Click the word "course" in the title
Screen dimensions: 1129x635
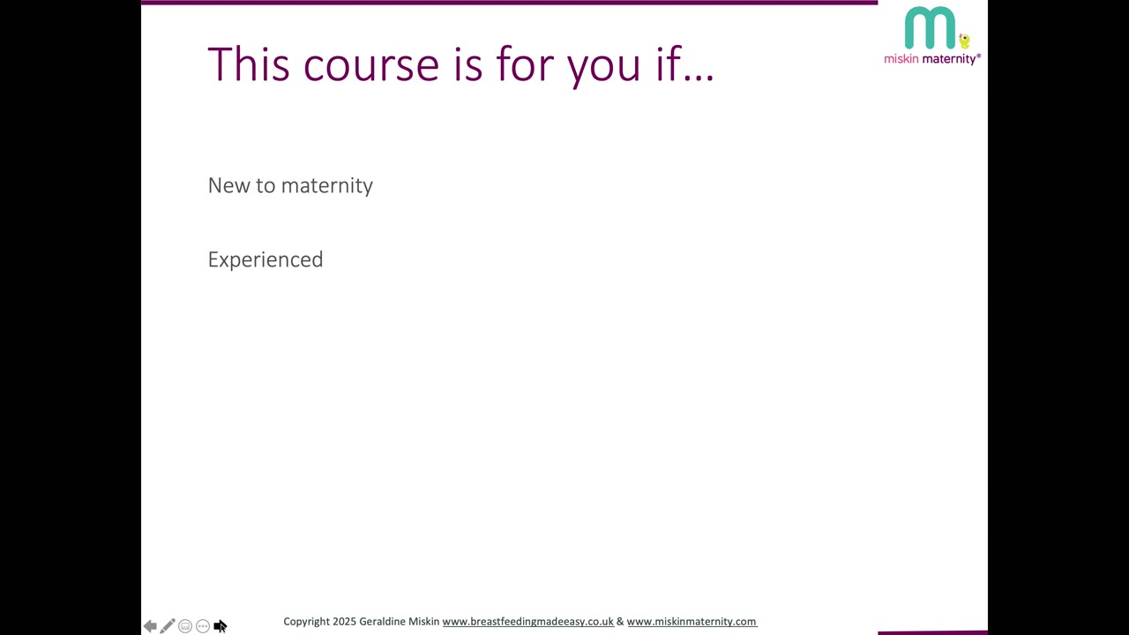371,65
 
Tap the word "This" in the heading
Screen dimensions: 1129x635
249,63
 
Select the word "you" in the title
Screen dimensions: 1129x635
604,70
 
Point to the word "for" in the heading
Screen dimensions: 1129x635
525,63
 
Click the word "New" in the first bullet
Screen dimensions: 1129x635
228,185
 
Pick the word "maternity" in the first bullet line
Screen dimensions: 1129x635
327,186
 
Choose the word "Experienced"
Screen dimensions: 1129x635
265,260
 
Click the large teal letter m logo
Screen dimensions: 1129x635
930,27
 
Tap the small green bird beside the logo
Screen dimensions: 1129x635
964,41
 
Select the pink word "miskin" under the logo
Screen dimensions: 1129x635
901,59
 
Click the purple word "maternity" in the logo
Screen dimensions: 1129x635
949,59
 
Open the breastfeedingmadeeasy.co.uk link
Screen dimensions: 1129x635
528,622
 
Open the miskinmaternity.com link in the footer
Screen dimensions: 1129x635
692,622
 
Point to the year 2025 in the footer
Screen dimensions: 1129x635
344,622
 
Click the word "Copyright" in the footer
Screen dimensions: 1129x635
306,622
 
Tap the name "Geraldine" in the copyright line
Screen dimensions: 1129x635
382,622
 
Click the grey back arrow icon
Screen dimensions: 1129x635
150,626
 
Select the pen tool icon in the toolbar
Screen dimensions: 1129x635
168,626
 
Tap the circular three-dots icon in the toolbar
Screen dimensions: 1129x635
203,626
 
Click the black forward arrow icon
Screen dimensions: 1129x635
220,626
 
